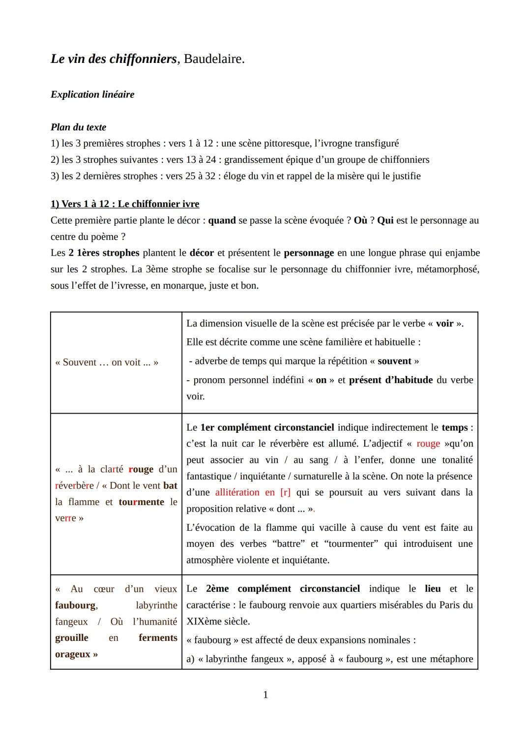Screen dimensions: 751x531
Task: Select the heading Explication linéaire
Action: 92,94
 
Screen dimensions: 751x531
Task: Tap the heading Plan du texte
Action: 78,127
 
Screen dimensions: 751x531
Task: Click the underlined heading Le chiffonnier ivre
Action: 158,204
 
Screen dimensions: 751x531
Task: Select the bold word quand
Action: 222,220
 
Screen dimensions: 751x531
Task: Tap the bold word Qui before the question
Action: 385,220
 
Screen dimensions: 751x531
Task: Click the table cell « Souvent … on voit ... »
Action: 107,362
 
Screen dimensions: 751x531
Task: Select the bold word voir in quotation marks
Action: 444,324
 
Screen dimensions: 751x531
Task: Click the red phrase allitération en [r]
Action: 253,492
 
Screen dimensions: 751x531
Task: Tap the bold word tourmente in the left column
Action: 141,502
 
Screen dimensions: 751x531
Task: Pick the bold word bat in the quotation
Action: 170,486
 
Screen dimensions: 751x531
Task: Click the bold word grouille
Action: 72,638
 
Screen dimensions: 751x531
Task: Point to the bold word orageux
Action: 73,654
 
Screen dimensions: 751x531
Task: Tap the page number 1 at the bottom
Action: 265,695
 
